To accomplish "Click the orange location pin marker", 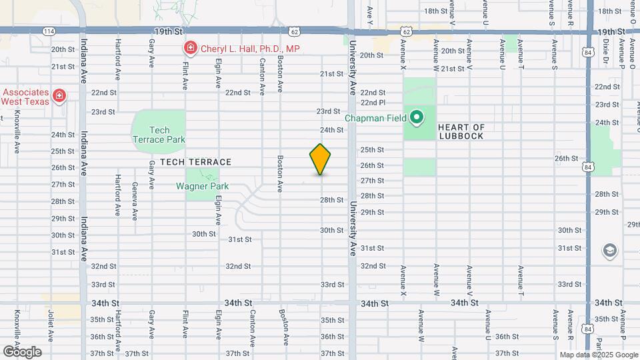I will (x=320, y=159).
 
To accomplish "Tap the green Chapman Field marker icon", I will (x=417, y=119).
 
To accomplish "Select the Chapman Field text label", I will (x=374, y=119).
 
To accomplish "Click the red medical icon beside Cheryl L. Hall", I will (x=191, y=48).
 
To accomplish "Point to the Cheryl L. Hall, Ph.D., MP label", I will (x=250, y=48).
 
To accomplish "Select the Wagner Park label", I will (x=202, y=186).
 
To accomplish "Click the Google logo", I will (x=22, y=351).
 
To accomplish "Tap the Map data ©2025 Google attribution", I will (x=598, y=355).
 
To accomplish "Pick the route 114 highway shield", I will (x=49, y=31).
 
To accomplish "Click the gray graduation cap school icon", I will (x=609, y=251).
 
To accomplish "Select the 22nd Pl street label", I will (x=373, y=103).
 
